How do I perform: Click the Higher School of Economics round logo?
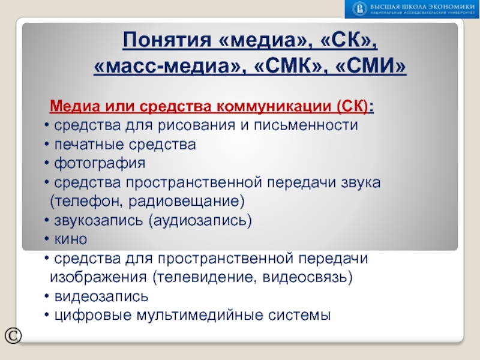tap(359, 8)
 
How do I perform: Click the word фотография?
tap(100, 163)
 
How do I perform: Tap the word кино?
tap(71, 239)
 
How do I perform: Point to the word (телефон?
tap(83, 200)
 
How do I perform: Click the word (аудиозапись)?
tap(200, 220)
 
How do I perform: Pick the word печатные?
tap(88, 144)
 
